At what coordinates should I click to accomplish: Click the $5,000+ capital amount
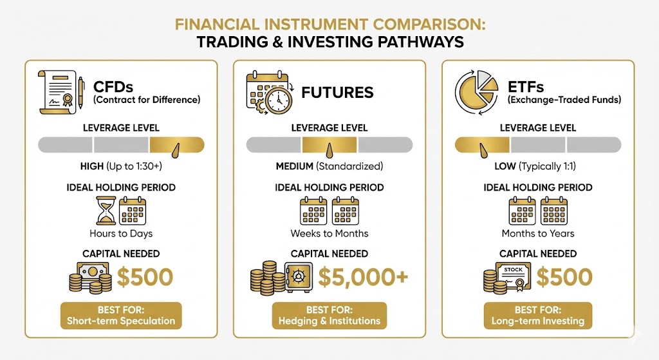(363, 277)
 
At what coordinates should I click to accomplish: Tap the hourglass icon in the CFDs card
(103, 211)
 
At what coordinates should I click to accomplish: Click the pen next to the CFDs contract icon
(80, 92)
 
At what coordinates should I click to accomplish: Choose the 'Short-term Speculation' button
(121, 315)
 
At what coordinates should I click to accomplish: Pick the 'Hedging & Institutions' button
(329, 315)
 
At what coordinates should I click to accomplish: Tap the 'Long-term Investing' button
(538, 315)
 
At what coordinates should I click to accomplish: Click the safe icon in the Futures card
(298, 277)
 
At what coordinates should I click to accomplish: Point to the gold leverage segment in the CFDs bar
(176, 145)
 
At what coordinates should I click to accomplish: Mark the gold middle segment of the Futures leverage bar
(329, 145)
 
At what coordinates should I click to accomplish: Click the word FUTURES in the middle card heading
(337, 92)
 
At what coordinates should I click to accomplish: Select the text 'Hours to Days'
(121, 233)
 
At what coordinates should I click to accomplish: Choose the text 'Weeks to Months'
(329, 233)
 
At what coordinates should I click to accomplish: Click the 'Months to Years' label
(538, 233)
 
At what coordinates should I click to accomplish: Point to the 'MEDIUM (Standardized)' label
(329, 166)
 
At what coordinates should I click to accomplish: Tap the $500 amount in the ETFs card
(564, 277)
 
